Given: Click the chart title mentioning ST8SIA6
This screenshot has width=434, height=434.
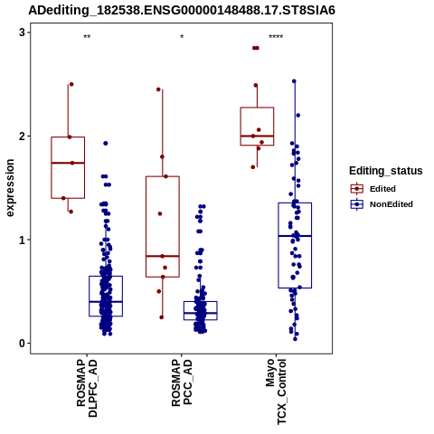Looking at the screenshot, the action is pyautogui.click(x=182, y=10).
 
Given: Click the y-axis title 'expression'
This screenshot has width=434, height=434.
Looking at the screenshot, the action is pyautogui.click(x=10, y=188).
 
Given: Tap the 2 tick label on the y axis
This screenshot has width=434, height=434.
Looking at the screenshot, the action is pyautogui.click(x=23, y=136).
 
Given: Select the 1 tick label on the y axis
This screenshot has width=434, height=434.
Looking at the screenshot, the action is pyautogui.click(x=23, y=240).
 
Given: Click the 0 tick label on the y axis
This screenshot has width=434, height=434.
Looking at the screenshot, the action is pyautogui.click(x=23, y=344).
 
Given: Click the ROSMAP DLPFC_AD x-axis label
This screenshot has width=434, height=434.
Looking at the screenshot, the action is pyautogui.click(x=87, y=388).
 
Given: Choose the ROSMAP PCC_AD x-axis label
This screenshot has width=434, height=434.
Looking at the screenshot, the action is pyautogui.click(x=182, y=382).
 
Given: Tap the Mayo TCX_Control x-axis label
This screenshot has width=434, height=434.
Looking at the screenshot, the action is pyautogui.click(x=276, y=392).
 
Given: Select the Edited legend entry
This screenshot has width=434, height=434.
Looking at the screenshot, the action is pyautogui.click(x=382, y=189).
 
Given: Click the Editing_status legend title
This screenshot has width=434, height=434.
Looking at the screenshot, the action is pyautogui.click(x=386, y=171).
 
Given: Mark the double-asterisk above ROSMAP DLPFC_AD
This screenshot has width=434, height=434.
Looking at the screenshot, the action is pyautogui.click(x=87, y=37).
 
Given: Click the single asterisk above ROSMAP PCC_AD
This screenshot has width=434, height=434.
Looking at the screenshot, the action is pyautogui.click(x=182, y=37).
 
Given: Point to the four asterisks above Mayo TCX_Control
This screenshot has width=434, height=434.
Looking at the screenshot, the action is pyautogui.click(x=276, y=37).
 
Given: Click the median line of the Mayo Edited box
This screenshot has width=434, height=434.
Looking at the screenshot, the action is pyautogui.click(x=257, y=136).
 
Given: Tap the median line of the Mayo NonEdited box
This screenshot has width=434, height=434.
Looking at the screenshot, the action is pyautogui.click(x=295, y=236).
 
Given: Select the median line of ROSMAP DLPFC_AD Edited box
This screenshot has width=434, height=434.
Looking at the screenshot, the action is pyautogui.click(x=68, y=163).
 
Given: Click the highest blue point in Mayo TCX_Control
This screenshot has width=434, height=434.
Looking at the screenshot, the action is pyautogui.click(x=294, y=81).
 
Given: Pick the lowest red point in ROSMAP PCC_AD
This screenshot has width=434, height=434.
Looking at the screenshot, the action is pyautogui.click(x=162, y=317).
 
